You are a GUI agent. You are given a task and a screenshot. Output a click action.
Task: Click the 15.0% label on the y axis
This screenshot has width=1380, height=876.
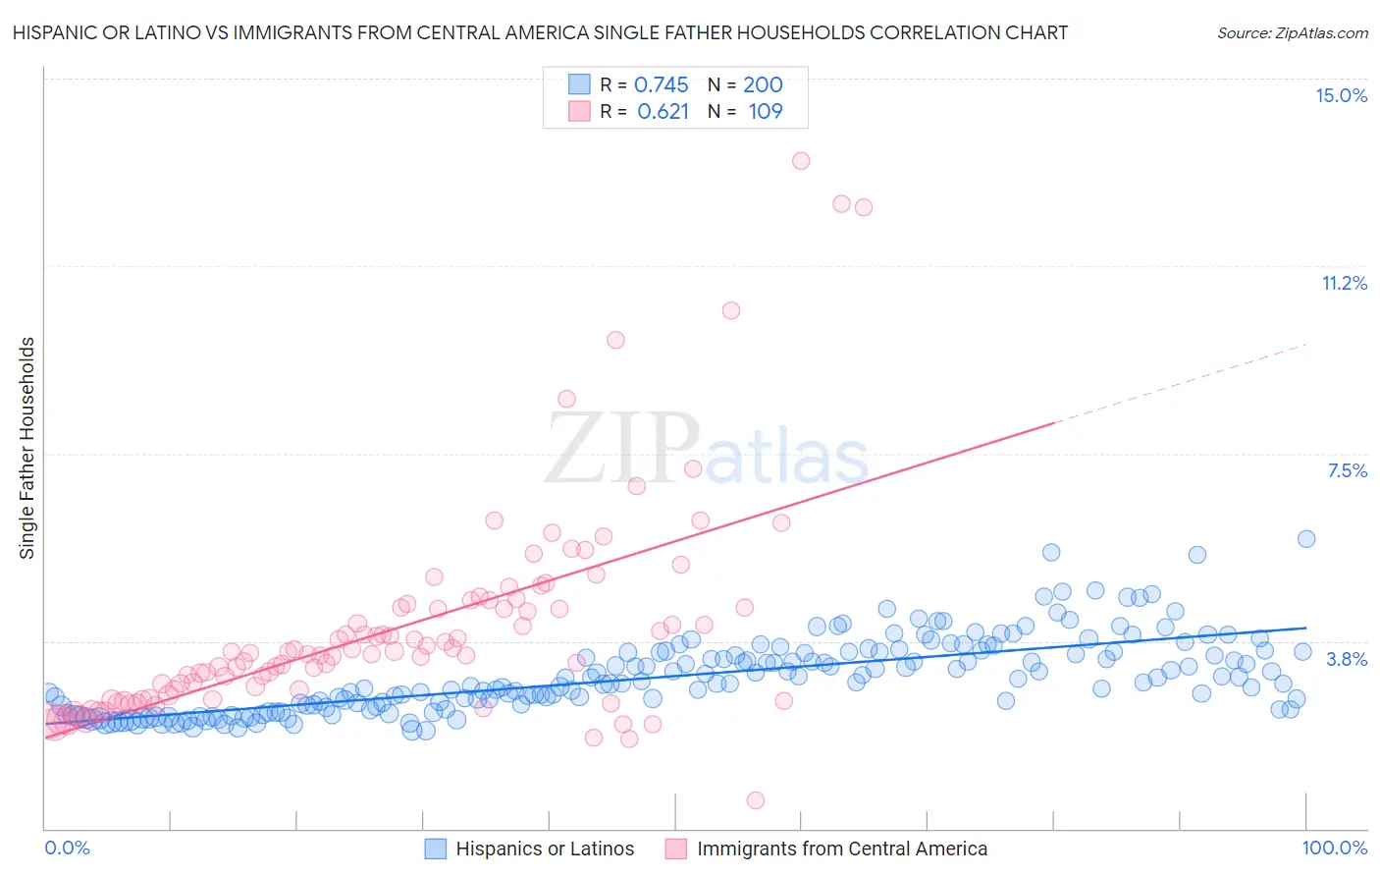(1341, 95)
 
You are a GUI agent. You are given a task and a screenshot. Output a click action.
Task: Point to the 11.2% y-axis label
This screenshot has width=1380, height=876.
(1344, 283)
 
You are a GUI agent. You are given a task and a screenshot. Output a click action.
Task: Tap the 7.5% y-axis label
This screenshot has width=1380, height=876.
(1347, 470)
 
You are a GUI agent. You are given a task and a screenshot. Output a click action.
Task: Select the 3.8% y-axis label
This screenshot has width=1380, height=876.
(1347, 659)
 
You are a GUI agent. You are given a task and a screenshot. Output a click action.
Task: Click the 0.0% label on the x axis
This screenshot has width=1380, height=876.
(67, 848)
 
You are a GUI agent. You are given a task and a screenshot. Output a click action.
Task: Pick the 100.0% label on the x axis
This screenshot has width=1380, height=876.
(1334, 848)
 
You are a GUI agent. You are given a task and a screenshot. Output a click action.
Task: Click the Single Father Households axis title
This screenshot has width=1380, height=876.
(27, 448)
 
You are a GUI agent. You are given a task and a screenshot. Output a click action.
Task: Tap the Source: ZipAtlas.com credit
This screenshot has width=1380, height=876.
(1292, 32)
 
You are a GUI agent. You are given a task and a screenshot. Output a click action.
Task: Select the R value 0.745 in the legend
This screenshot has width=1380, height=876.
(661, 84)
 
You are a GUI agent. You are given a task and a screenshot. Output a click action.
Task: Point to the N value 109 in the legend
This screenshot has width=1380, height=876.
(766, 111)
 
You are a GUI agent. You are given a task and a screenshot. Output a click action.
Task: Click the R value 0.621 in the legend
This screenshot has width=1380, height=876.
(663, 111)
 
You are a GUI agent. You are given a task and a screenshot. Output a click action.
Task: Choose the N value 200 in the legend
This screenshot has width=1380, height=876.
(763, 84)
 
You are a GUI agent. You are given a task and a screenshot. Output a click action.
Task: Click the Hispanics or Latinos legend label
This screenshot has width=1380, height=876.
(545, 849)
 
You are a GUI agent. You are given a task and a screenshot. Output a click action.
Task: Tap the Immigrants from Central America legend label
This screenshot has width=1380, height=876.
(841, 849)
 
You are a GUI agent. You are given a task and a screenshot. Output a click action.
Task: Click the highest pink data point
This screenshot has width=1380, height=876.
(801, 161)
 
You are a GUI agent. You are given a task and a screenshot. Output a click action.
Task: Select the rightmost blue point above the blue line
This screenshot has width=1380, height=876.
(1306, 538)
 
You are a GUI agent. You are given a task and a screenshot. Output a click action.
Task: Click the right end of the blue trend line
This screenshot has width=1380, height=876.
(1306, 628)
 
